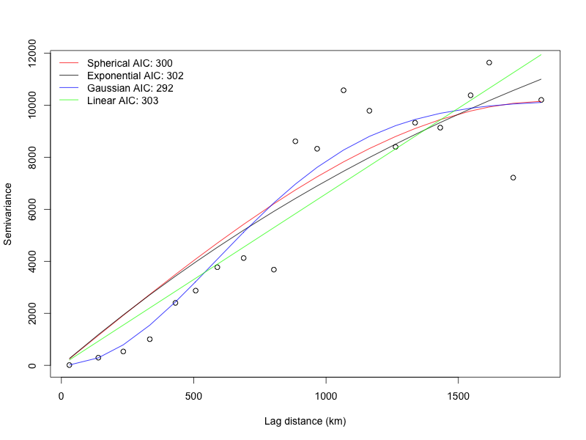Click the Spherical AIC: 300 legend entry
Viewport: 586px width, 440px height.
pos(130,63)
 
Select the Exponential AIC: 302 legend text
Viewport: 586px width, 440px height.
pos(135,76)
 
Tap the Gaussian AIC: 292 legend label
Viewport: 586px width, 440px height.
pos(130,88)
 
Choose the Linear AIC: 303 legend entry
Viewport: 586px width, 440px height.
pos(122,100)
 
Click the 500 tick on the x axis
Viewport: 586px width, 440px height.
pos(193,397)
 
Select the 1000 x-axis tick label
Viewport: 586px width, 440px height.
pos(326,397)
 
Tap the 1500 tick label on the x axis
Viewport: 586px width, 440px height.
pos(458,397)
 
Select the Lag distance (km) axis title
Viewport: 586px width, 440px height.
pos(305,422)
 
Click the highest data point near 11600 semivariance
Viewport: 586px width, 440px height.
pos(489,63)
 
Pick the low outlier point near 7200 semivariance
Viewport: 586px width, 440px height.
pos(513,177)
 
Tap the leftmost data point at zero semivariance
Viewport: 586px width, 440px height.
pos(70,364)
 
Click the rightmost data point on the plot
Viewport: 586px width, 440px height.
pos(541,100)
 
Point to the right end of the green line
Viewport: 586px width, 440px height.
pos(541,54)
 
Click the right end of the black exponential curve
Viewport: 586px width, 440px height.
pos(541,79)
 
